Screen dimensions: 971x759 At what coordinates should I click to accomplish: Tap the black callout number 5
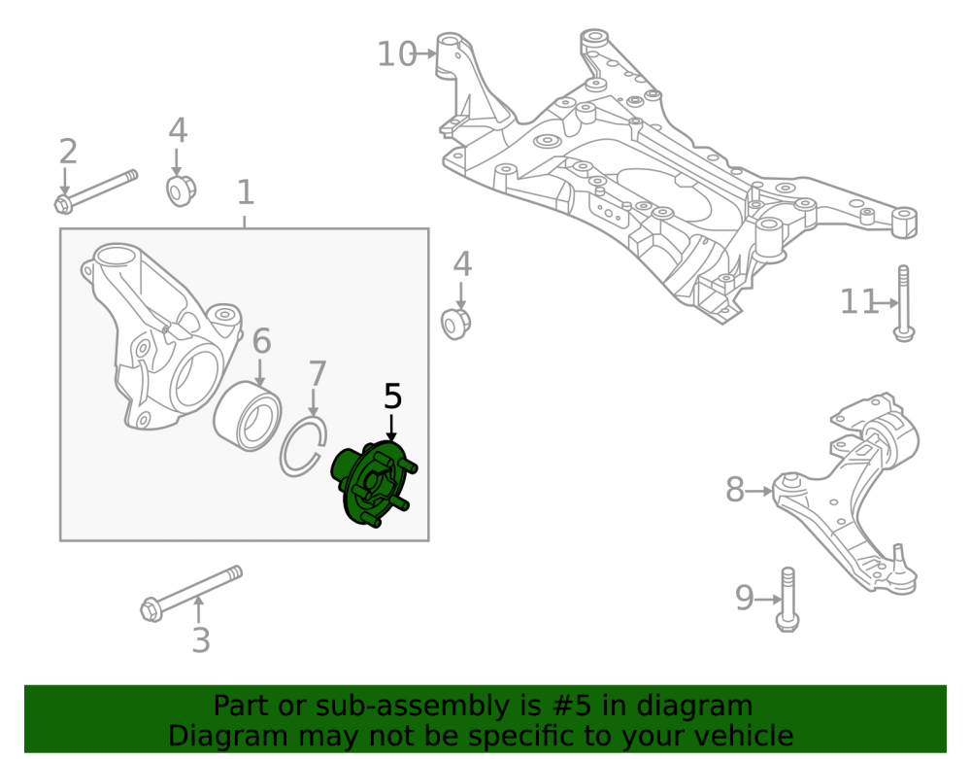point(392,397)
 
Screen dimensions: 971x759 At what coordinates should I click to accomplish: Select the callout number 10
point(397,54)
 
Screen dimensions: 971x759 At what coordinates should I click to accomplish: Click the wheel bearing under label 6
point(247,416)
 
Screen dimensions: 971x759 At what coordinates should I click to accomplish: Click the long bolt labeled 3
point(191,594)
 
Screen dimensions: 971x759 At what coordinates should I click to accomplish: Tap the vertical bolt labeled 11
point(903,303)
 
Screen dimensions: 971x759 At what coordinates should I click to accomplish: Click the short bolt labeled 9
point(787,600)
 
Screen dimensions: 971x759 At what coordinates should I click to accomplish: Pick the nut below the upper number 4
point(181,190)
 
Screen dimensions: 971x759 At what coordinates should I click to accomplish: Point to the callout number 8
point(735,490)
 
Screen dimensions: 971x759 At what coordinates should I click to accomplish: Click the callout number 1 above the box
point(246,192)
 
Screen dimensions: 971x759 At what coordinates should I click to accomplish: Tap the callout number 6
point(261,341)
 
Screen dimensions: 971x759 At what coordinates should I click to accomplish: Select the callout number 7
point(318,374)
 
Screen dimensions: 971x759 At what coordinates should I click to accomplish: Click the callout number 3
point(201,640)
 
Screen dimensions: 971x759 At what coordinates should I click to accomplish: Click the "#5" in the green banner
point(570,707)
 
